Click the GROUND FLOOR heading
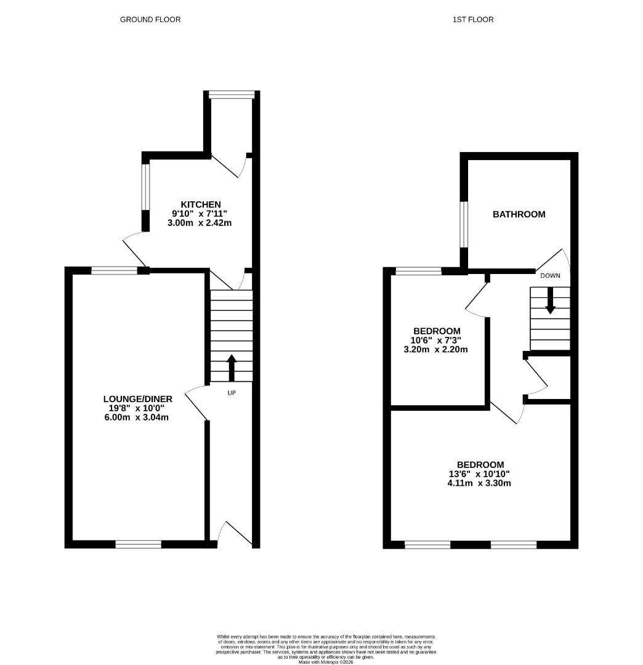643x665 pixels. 150,20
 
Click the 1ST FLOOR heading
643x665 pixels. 473,20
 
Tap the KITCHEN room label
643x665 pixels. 201,204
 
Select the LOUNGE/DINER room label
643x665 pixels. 138,398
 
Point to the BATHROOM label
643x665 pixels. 519,214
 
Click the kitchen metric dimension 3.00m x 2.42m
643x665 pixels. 200,223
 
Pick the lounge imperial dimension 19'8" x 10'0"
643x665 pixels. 136,408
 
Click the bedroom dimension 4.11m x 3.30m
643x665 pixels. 479,483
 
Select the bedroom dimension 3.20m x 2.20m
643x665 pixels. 435,350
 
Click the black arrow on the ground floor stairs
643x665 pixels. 232,367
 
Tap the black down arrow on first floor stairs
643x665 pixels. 550,300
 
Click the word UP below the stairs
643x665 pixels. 232,393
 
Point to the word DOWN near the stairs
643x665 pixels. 550,276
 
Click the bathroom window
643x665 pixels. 464,224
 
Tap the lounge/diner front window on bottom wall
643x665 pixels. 139,544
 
